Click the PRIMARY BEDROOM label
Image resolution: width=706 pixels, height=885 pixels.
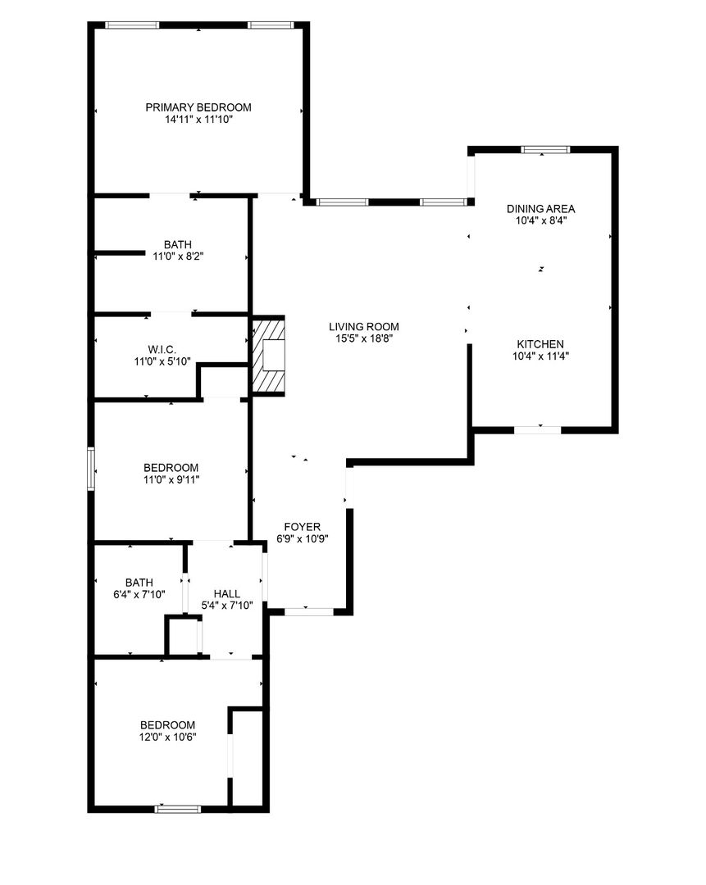coord(198,107)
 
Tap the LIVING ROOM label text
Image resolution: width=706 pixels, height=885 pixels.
coord(364,326)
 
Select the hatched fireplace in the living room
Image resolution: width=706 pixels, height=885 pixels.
coord(267,355)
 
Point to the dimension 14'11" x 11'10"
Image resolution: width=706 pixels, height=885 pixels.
coord(198,120)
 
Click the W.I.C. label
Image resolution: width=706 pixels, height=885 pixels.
coord(162,350)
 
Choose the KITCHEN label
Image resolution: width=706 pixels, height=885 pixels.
coord(540,343)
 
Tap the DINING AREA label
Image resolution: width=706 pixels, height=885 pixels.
coord(540,209)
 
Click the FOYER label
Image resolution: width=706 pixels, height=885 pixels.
coord(303,527)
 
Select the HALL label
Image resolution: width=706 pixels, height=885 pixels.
coord(226,594)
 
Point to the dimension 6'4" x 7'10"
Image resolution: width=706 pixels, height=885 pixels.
coord(139,594)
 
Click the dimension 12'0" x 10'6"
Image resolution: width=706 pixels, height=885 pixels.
coord(168,737)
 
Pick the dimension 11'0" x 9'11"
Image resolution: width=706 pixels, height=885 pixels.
coord(171,479)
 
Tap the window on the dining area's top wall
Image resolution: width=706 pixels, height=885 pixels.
coord(545,150)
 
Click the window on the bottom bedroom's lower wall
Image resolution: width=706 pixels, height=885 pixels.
coord(178,810)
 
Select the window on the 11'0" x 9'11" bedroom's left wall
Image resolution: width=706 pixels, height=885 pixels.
coord(90,469)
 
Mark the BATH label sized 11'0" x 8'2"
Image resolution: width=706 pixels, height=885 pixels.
coord(177,244)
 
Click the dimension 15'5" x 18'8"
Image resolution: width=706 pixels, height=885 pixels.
coord(364,338)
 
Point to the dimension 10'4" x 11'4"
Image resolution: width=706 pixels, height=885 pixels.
coord(540,356)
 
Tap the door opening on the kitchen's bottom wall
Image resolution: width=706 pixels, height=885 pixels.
coord(538,430)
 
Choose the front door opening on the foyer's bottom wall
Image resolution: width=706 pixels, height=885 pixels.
coord(308,611)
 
